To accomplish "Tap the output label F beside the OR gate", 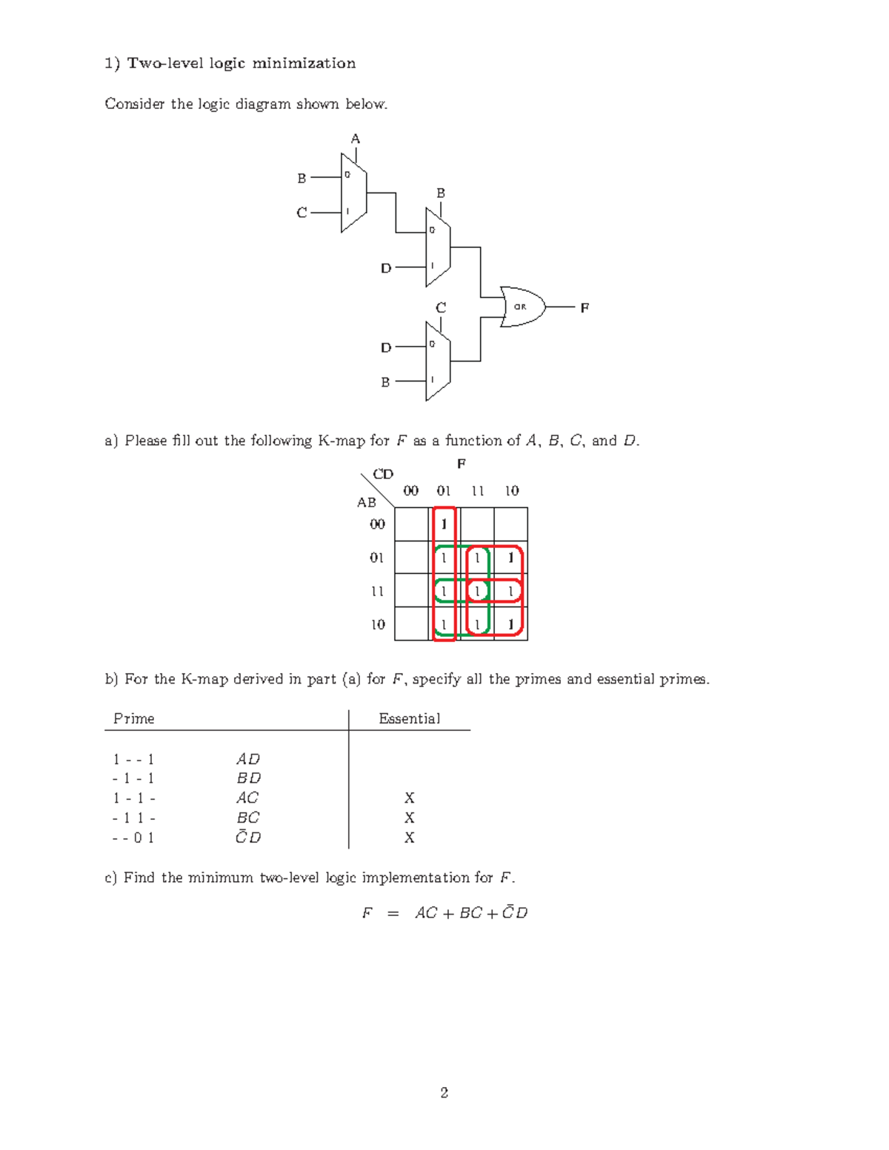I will pyautogui.click(x=585, y=307).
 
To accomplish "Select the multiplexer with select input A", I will pyautogui.click(x=353, y=193).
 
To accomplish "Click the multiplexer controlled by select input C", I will pyautogui.click(x=438, y=361).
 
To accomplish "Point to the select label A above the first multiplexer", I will pyautogui.click(x=356, y=138).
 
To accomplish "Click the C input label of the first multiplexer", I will pyautogui.click(x=302, y=213).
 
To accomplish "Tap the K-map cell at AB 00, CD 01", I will pyautogui.click(x=444, y=524).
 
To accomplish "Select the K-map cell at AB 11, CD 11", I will pyautogui.click(x=478, y=591).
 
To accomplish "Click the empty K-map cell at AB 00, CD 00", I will pyautogui.click(x=412, y=524).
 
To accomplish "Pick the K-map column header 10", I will pyautogui.click(x=512, y=490).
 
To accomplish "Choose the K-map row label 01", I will pyautogui.click(x=377, y=558).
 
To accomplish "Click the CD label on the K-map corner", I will pyautogui.click(x=383, y=474).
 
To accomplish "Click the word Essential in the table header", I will pyautogui.click(x=409, y=718).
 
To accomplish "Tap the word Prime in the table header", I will pyautogui.click(x=134, y=718).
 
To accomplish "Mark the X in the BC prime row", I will pyautogui.click(x=410, y=818).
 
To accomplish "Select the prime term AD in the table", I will pyautogui.click(x=248, y=759).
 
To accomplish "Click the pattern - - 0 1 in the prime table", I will pyautogui.click(x=133, y=838).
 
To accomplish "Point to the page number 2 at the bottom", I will pyautogui.click(x=444, y=1092).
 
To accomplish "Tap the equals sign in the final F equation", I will pyautogui.click(x=393, y=913).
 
